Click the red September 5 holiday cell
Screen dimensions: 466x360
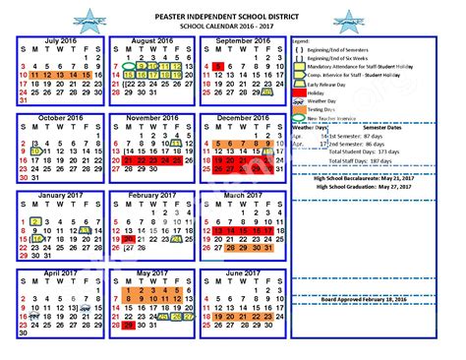click(217, 65)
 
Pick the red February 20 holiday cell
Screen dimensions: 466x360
click(129, 238)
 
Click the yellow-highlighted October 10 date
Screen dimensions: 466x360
click(36, 150)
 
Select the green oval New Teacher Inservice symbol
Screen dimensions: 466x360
click(300, 116)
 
